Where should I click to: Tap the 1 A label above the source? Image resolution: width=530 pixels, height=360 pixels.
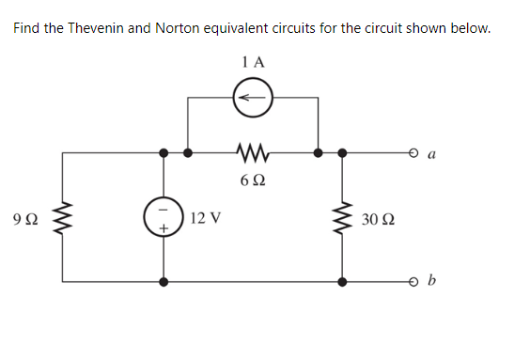pyautogui.click(x=253, y=62)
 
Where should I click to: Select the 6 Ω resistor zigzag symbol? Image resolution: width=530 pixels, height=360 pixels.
pyautogui.click(x=254, y=150)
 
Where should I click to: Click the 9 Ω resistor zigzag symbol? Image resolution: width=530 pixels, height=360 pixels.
pyautogui.click(x=63, y=218)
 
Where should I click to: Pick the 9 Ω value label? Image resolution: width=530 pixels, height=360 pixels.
pyautogui.click(x=28, y=220)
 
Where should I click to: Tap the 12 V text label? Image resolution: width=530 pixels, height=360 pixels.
pyautogui.click(x=205, y=219)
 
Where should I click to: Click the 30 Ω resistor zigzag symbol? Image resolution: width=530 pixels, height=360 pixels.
pyautogui.click(x=342, y=219)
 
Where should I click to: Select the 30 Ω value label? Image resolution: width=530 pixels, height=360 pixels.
pyautogui.click(x=378, y=220)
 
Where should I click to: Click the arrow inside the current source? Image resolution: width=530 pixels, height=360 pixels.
pyautogui.click(x=253, y=96)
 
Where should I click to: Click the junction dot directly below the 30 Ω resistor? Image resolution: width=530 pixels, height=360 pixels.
pyautogui.click(x=342, y=281)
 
